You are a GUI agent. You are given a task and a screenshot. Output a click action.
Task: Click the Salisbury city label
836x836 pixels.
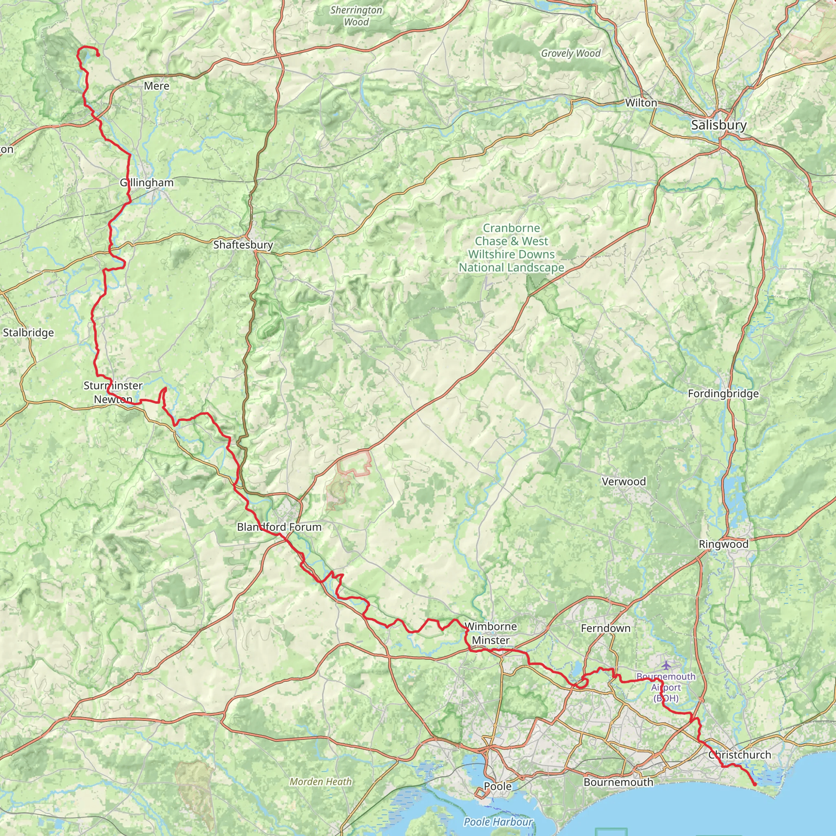719,125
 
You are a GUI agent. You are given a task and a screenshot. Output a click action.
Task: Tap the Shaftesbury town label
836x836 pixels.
243,245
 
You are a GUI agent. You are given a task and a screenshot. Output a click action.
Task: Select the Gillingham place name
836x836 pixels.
147,182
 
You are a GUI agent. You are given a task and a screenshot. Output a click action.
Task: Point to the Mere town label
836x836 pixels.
157,86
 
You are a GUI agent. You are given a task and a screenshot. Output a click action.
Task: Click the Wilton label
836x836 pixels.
641,103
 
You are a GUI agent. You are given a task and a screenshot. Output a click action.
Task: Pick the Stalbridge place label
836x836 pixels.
29,333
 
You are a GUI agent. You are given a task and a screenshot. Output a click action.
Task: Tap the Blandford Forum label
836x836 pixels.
279,527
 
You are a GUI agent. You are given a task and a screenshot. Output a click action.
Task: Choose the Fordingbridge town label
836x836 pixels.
723,394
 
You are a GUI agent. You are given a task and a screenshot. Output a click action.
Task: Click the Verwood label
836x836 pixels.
624,482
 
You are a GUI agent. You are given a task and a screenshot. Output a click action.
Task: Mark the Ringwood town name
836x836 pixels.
723,545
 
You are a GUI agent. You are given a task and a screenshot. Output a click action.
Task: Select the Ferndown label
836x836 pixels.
605,628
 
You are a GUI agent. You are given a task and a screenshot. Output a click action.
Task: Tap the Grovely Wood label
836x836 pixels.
571,53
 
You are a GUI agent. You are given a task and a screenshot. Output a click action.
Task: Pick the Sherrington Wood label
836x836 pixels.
356,16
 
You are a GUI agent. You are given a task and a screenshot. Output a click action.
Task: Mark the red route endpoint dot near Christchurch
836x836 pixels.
755,784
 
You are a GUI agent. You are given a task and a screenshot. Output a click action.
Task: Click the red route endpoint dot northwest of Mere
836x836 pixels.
98,55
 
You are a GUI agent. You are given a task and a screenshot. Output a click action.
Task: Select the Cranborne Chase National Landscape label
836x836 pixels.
511,248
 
